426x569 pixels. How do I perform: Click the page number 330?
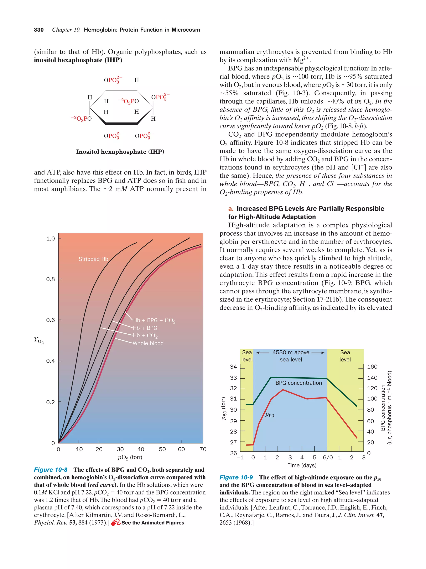coord(39,30)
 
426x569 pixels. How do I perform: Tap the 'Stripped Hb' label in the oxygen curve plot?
coord(93,259)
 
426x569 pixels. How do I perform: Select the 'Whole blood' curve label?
coord(148,343)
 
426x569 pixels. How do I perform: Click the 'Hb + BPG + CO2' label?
coord(154,320)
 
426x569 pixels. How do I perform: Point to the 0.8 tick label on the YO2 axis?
coord(51,279)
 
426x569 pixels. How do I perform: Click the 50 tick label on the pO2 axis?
coord(162,449)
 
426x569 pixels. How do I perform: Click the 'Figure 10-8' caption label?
coord(51,470)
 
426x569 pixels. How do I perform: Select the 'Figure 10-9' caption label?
coord(236,477)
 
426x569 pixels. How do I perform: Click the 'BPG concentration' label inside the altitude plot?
coord(298,383)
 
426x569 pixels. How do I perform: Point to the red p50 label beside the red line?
coord(270,415)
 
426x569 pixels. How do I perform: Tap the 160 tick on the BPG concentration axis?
coord(372,367)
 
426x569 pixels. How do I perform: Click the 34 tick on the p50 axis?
coord(233,367)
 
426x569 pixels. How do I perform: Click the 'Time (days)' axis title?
coord(302,465)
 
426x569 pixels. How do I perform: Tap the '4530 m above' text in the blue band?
coord(291,352)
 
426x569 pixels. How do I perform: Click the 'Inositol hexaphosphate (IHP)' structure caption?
coord(120,152)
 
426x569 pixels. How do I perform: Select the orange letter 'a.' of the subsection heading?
coord(231,209)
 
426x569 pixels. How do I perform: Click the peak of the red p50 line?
coord(283,389)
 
